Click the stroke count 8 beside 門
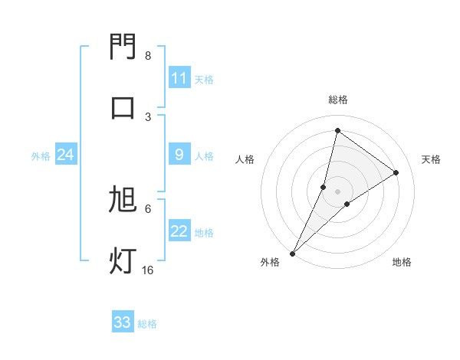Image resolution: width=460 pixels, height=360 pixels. point(148,56)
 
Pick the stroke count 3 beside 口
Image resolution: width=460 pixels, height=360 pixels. point(148,116)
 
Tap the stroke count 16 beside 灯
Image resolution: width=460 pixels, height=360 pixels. point(147,270)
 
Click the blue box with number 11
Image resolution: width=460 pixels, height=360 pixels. point(179,78)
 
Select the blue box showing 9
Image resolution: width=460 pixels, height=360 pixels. point(179,155)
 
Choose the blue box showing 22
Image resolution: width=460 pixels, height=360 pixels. point(179,232)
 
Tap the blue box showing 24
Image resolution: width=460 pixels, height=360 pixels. point(65,155)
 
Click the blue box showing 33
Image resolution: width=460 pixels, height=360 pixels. point(123,322)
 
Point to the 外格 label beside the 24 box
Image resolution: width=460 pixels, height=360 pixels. point(41,156)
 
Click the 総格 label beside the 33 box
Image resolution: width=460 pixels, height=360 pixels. point(147,323)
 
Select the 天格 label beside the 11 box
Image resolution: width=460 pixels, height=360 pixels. point(203,79)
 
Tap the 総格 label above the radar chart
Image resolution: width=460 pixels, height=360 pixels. point(337,100)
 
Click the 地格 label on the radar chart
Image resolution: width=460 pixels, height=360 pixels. point(402,262)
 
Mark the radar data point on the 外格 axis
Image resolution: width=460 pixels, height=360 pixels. point(292,253)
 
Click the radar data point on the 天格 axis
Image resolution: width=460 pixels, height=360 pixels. point(396,172)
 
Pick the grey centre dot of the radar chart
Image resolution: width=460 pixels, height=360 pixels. point(337,191)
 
